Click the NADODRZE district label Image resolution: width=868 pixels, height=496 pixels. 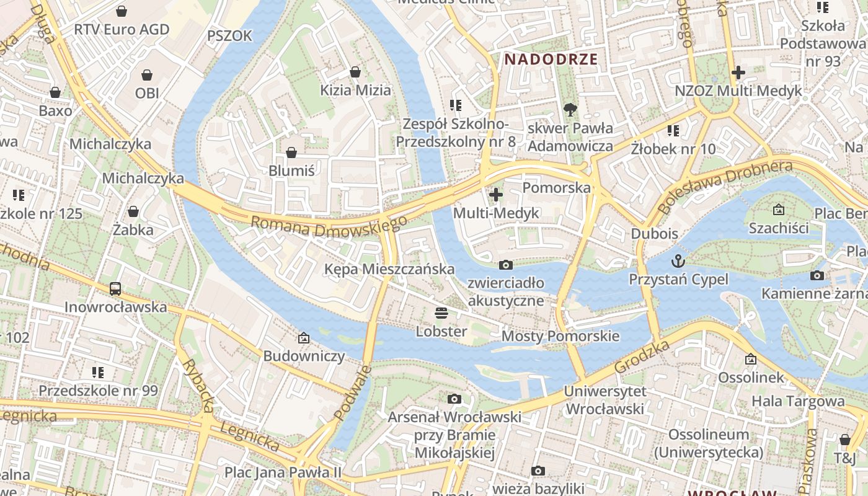click(x=551, y=60)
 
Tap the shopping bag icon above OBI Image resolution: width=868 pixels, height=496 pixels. click(x=147, y=75)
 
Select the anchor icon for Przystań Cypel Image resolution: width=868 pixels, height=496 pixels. click(x=678, y=260)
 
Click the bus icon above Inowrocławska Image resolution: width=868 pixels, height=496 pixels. click(x=115, y=288)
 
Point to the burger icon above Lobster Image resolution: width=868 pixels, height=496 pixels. click(x=441, y=313)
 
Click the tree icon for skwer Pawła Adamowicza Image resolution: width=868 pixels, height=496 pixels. click(x=570, y=110)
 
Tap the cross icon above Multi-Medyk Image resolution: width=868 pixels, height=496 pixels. click(x=496, y=195)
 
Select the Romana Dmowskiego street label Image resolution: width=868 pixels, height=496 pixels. click(x=329, y=226)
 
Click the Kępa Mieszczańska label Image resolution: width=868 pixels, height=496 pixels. click(x=389, y=269)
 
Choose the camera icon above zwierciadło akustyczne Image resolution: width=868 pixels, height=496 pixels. click(x=506, y=265)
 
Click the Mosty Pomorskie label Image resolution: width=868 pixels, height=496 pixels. click(x=560, y=336)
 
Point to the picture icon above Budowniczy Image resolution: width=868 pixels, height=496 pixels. click(x=304, y=338)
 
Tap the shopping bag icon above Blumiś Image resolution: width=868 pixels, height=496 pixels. click(x=291, y=153)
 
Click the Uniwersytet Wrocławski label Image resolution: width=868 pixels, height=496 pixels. click(x=605, y=401)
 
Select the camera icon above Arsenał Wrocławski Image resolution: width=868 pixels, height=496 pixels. click(x=454, y=399)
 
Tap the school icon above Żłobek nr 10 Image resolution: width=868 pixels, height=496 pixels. click(x=673, y=131)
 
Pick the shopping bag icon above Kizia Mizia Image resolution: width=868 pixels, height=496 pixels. click(x=355, y=73)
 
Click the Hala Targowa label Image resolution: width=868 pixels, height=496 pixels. click(x=798, y=401)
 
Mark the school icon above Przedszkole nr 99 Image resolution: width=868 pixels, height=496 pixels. click(x=98, y=373)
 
